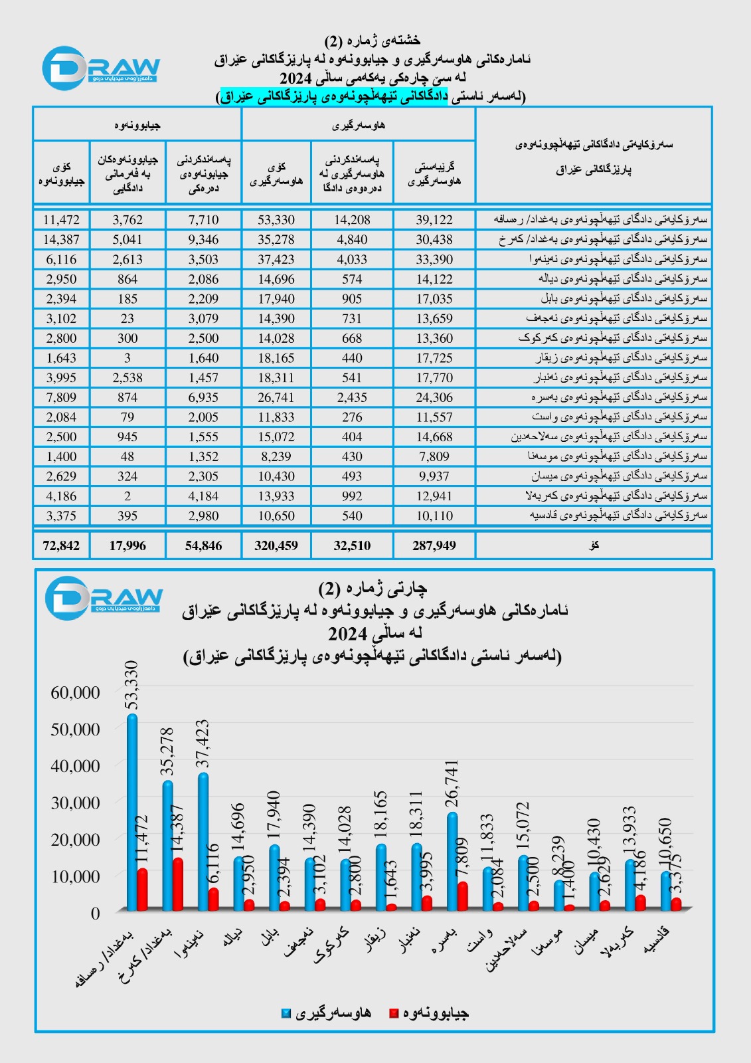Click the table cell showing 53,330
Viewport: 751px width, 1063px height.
(x=276, y=220)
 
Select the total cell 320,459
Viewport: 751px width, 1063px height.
(x=276, y=545)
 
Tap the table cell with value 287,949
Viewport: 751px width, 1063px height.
(x=434, y=545)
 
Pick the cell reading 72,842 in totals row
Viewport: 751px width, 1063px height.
(x=61, y=545)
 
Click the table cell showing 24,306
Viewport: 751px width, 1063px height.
(x=434, y=397)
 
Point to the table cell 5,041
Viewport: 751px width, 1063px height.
(x=127, y=240)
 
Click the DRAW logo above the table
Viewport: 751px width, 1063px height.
(x=101, y=68)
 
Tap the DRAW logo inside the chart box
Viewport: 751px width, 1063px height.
(x=104, y=598)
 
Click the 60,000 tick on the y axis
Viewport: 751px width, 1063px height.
(x=75, y=692)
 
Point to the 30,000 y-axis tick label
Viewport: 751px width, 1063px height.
(x=75, y=803)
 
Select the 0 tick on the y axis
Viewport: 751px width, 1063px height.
(x=95, y=913)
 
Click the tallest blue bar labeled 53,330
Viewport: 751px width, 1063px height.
(x=132, y=811)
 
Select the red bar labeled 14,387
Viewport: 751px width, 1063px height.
(x=177, y=884)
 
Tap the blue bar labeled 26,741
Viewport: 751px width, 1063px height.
(x=452, y=860)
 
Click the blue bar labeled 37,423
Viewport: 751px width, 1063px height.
(x=203, y=840)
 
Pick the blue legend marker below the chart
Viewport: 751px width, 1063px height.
(x=286, y=1013)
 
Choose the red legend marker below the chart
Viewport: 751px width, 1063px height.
(x=394, y=1013)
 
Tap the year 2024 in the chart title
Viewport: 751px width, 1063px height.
(x=375, y=632)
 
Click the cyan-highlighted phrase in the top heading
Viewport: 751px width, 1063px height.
(x=334, y=97)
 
